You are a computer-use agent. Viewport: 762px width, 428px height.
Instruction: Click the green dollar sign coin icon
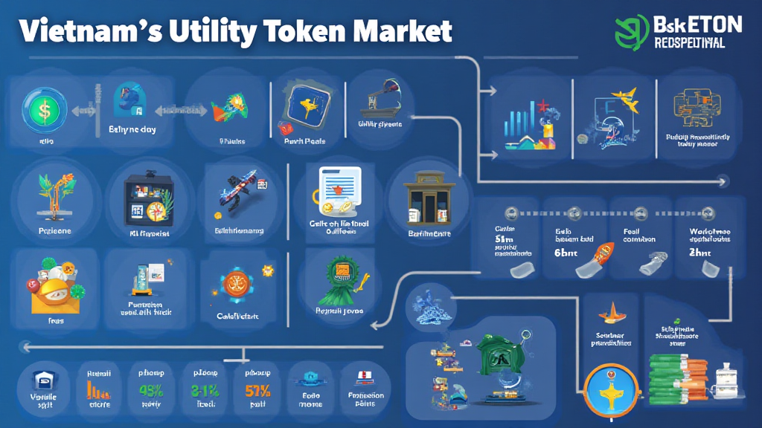43,110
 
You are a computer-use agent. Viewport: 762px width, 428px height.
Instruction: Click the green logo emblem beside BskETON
633,32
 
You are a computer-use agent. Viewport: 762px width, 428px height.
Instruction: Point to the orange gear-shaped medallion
236,285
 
